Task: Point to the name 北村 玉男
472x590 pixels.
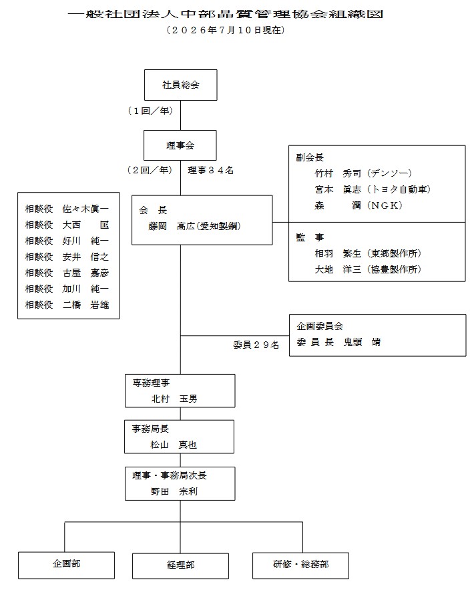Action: tap(174, 399)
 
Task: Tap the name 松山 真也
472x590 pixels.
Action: tap(174, 445)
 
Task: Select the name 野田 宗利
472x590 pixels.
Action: tap(174, 491)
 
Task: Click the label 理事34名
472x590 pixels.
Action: tap(210, 171)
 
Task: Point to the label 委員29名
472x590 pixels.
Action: tap(256, 345)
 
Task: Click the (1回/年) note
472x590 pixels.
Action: tap(151, 111)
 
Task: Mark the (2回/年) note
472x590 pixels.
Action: tap(150, 170)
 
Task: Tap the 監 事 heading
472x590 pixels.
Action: tap(310, 237)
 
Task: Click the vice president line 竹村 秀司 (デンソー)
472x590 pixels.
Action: tap(363, 173)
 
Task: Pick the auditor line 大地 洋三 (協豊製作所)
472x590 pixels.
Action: tap(368, 269)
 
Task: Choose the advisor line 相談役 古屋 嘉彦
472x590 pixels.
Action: tap(67, 273)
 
